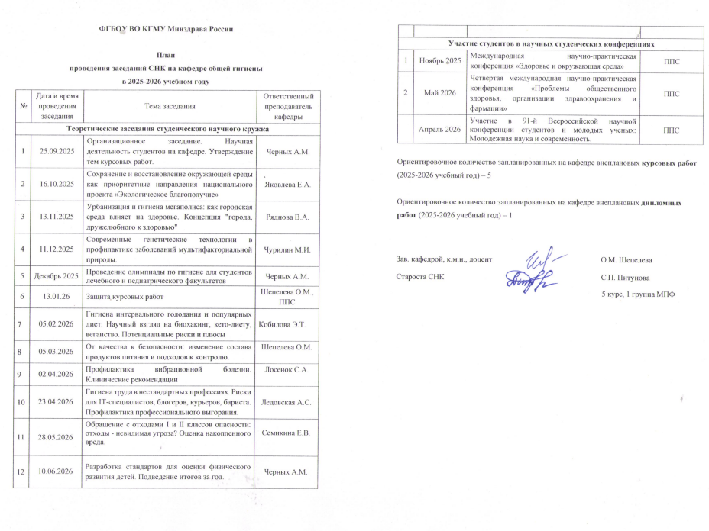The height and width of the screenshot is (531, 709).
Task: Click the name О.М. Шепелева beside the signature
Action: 626,261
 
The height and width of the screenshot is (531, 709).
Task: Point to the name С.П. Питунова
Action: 626,278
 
